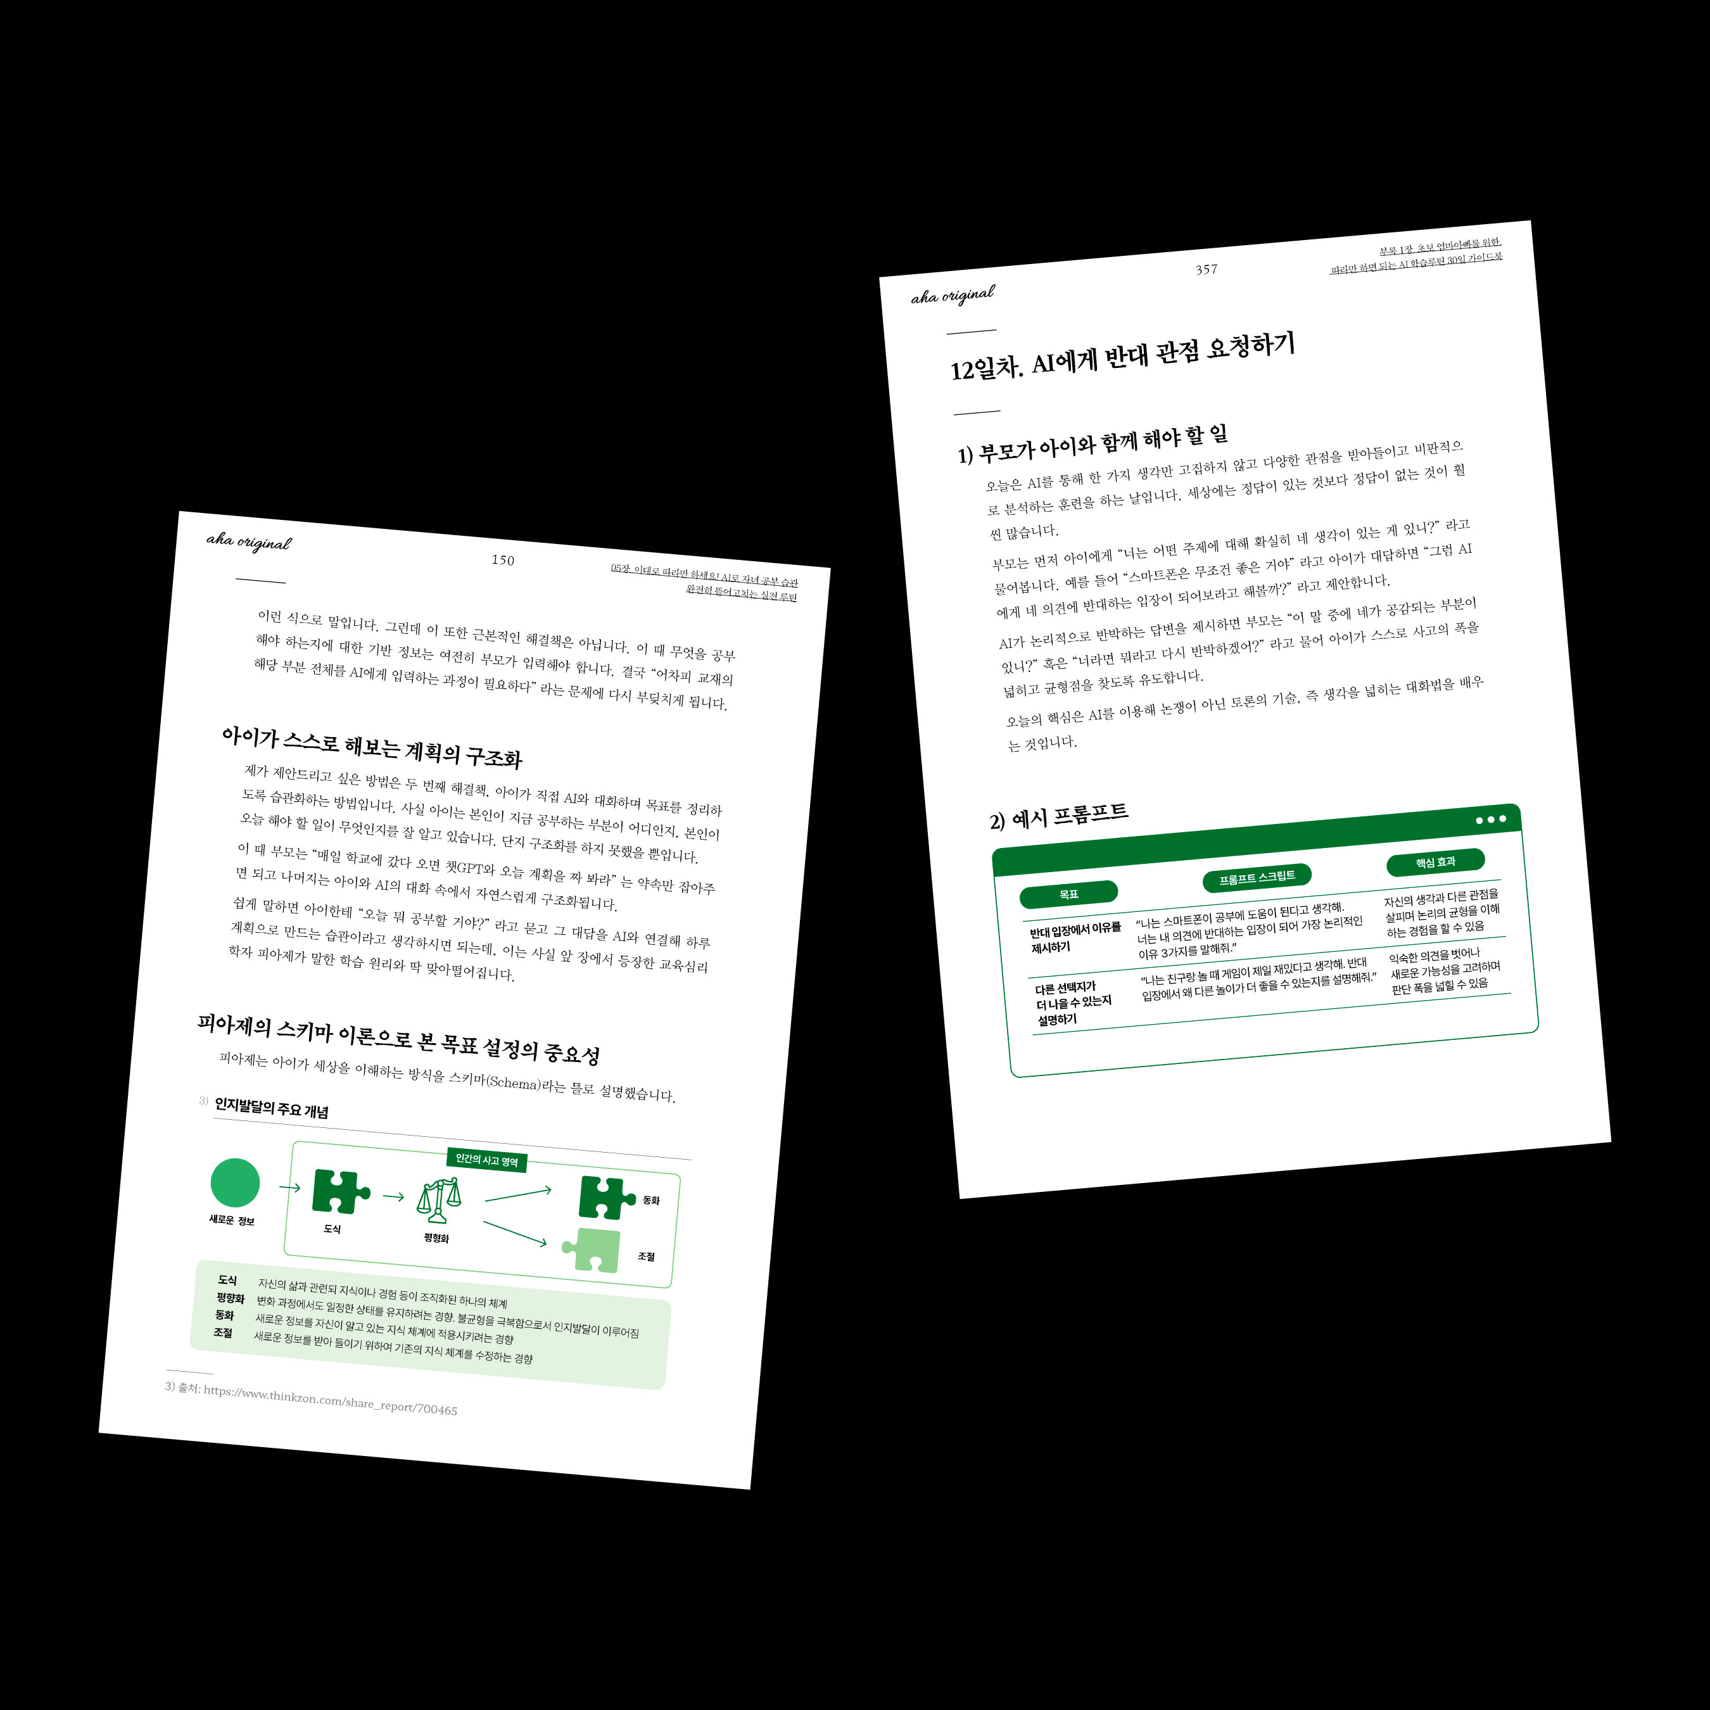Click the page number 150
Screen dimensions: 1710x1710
click(x=503, y=559)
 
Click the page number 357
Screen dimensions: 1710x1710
click(x=1206, y=269)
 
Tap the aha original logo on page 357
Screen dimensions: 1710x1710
click(x=953, y=294)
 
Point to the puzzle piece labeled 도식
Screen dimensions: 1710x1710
click(x=341, y=1191)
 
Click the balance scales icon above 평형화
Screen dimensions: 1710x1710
click(x=439, y=1201)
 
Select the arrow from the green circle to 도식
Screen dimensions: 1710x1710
click(x=289, y=1187)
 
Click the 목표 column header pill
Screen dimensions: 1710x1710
click(x=1068, y=894)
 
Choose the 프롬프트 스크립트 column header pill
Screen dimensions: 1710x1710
click(x=1257, y=877)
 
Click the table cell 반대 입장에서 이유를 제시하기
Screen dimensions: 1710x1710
click(x=1075, y=937)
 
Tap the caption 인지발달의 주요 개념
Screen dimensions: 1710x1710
click(x=272, y=1108)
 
